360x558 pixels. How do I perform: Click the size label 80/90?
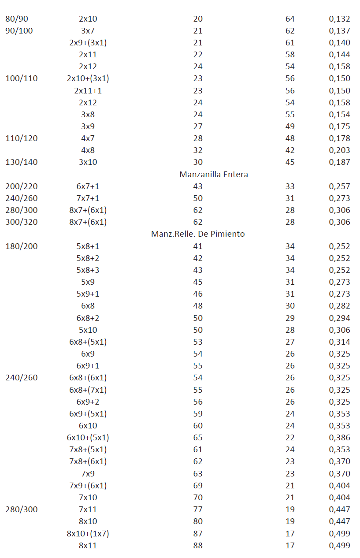[17, 19]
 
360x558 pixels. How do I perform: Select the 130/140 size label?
[22, 162]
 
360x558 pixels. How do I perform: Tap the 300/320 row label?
[22, 222]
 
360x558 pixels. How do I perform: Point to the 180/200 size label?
[22, 246]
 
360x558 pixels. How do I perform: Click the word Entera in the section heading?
[235, 175]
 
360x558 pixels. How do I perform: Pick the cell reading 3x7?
[88, 31]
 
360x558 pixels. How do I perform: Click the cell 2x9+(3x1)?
[88, 43]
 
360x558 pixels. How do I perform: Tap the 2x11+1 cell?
[88, 91]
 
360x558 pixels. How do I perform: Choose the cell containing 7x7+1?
[88, 198]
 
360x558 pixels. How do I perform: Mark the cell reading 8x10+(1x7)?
[88, 534]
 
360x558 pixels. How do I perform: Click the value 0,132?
[339, 19]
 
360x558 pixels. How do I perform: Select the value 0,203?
[339, 150]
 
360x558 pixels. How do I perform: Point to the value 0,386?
[339, 438]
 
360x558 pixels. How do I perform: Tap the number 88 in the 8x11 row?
[198, 546]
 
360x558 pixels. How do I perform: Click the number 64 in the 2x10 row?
[290, 19]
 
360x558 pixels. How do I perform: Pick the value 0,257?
[339, 186]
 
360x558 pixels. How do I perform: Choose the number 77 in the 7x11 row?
[198, 510]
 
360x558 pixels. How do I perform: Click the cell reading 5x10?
[88, 330]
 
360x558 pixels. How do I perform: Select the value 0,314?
[339, 342]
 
